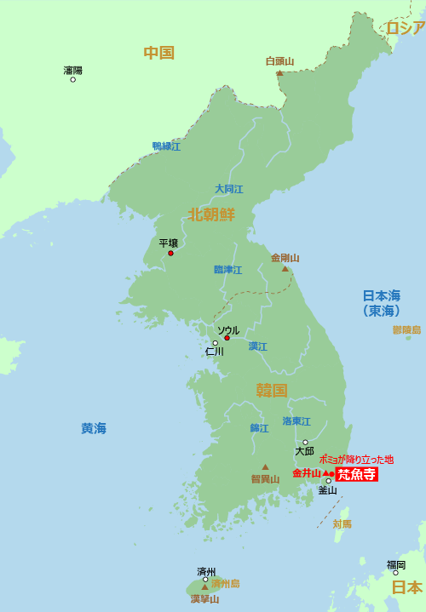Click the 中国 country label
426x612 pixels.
[158, 53]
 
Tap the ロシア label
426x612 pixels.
[405, 28]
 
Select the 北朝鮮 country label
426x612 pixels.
[211, 214]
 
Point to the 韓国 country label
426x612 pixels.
[272, 390]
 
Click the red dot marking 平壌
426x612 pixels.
[170, 253]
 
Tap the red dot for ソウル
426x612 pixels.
[227, 338]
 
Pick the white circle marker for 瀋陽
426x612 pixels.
[72, 80]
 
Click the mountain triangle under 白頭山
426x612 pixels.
[279, 73]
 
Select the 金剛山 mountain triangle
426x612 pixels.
[285, 269]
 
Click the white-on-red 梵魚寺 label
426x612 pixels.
[356, 474]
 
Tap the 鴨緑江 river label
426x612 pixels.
[166, 146]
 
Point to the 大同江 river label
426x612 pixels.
[228, 189]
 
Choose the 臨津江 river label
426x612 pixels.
[227, 270]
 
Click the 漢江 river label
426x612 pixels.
[258, 346]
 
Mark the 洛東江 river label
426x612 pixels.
[296, 421]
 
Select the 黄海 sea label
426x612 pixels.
[94, 428]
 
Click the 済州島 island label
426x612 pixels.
[226, 584]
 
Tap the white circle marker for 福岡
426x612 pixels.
[395, 573]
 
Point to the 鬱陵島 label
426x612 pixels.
[406, 329]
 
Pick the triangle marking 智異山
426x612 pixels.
[265, 466]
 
